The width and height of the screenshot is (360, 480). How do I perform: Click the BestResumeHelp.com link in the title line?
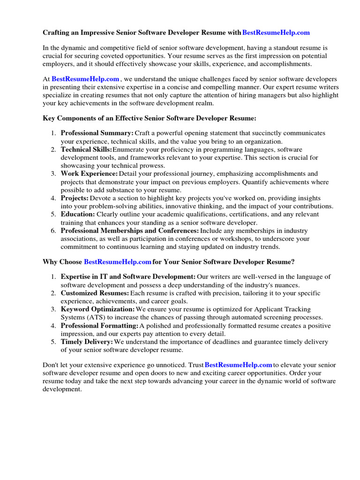(276, 33)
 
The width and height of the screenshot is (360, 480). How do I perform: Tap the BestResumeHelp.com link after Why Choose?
(118, 261)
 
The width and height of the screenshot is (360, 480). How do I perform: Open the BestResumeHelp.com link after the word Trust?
(239, 364)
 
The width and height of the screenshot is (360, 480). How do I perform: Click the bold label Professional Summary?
(97, 133)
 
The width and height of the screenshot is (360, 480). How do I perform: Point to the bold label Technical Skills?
(87, 150)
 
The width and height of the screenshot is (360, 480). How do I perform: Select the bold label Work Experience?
(89, 174)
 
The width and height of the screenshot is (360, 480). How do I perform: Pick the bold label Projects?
(75, 198)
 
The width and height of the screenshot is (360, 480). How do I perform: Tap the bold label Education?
(78, 214)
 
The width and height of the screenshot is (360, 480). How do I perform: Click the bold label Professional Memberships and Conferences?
(130, 231)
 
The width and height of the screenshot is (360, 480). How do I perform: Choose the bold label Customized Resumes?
(95, 293)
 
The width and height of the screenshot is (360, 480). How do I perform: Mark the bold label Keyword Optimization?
(97, 309)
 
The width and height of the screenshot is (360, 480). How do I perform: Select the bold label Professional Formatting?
(99, 326)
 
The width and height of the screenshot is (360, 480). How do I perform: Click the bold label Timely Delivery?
(87, 342)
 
